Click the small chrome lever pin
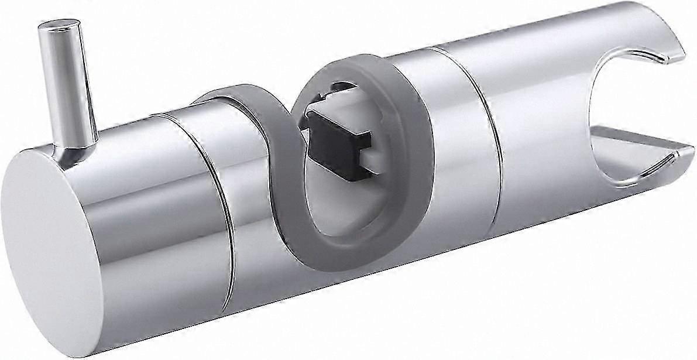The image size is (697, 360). pyautogui.click(x=69, y=88)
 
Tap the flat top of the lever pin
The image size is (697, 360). pyautogui.click(x=59, y=25)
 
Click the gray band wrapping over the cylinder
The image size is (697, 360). pyautogui.click(x=234, y=94)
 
